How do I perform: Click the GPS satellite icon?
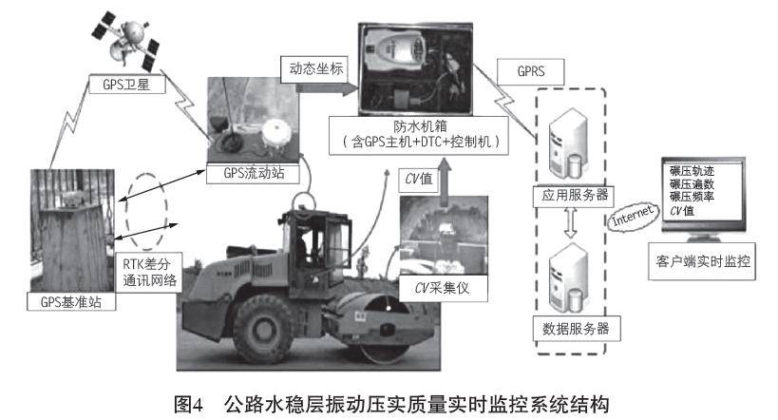pos(125,41)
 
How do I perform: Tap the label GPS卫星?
pos(126,85)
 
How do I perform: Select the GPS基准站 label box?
pos(71,301)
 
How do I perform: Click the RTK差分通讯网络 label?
pos(150,273)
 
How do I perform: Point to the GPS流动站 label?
pos(254,173)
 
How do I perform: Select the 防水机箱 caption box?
pos(419,135)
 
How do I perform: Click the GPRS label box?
pos(530,71)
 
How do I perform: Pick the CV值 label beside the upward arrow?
pos(419,180)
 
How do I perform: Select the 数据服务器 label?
pos(576,328)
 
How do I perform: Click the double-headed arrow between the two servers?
pos(571,223)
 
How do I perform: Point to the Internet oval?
pos(633,217)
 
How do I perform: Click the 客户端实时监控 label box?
pos(702,261)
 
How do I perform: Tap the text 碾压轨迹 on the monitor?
pos(692,171)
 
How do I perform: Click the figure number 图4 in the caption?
pos(189,404)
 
